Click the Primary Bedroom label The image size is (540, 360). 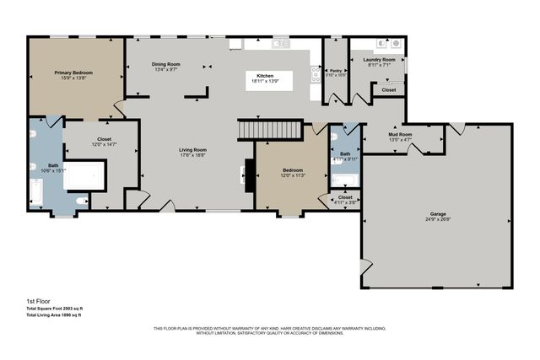click(74, 73)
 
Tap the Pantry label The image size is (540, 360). click(335, 71)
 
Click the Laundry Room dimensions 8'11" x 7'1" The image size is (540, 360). click(379, 65)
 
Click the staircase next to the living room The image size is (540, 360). click(270, 130)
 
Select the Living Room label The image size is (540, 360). click(193, 151)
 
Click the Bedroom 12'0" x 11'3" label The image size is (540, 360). click(293, 172)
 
